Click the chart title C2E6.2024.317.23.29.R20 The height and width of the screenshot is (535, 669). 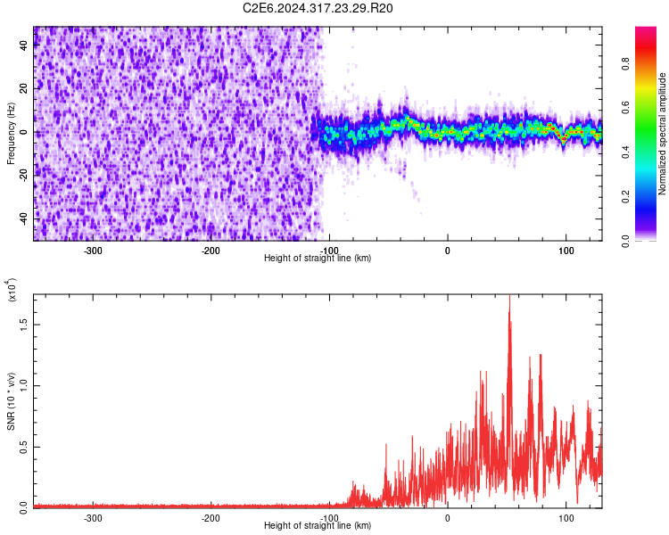(318, 8)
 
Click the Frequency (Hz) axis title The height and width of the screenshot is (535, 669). (11, 134)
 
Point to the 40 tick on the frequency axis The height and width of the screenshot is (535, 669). (25, 46)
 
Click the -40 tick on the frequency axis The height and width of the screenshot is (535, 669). (23, 218)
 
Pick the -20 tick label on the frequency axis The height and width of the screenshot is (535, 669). (23, 175)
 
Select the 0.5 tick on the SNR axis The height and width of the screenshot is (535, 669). (25, 446)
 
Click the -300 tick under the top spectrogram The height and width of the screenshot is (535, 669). (93, 251)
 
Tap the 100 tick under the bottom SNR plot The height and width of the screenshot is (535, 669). (566, 517)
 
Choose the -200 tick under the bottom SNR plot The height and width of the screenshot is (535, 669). (211, 517)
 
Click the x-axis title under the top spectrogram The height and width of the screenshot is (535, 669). (318, 259)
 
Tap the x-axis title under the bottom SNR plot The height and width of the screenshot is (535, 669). (318, 525)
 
